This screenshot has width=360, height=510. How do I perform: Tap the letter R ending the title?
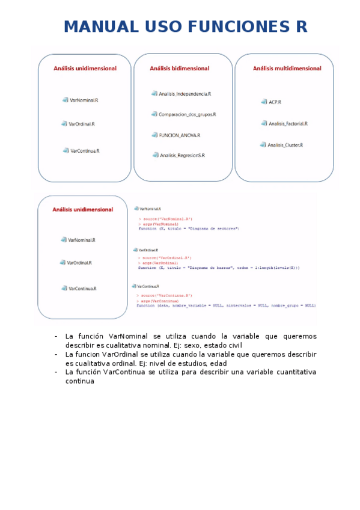(x=301, y=27)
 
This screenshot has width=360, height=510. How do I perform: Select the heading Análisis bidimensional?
(x=180, y=69)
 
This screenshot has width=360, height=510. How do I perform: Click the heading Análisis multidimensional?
(x=287, y=69)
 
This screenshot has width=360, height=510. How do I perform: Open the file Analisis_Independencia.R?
(x=185, y=94)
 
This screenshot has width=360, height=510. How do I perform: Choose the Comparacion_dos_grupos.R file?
(x=187, y=114)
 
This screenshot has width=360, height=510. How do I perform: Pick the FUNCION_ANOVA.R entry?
(x=180, y=135)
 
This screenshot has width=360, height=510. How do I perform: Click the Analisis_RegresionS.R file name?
(x=182, y=155)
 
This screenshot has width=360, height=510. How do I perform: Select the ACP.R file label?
(x=275, y=102)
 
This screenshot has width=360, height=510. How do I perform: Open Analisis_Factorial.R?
(x=288, y=123)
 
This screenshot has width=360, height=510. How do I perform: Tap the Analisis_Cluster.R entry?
(x=285, y=145)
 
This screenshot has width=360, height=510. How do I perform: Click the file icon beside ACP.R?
(x=264, y=102)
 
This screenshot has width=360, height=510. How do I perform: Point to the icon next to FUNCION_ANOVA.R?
(x=154, y=135)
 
